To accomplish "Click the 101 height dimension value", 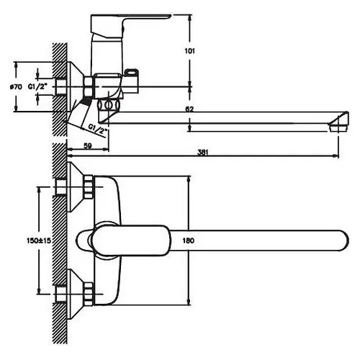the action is pyautogui.click(x=189, y=51).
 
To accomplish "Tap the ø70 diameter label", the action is pyautogui.click(x=16, y=87).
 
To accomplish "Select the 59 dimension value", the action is pyautogui.click(x=88, y=145).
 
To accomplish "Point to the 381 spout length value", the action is pyautogui.click(x=203, y=152).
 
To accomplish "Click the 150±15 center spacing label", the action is pyautogui.click(x=39, y=240).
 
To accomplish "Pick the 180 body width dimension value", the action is pyautogui.click(x=189, y=240).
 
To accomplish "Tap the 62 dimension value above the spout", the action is pyautogui.click(x=189, y=109).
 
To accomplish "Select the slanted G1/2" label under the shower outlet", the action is pyautogui.click(x=97, y=130).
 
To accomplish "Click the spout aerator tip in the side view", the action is pyautogui.click(x=338, y=122).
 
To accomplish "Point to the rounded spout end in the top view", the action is pyautogui.click(x=343, y=240).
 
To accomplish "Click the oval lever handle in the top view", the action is pyautogui.click(x=131, y=240).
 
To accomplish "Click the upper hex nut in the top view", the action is pyautogui.click(x=89, y=187).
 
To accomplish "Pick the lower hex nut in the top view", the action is pyautogui.click(x=89, y=294).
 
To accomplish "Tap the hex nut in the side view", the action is pyautogui.click(x=89, y=87).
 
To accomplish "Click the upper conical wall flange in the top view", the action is pyautogui.click(x=75, y=187).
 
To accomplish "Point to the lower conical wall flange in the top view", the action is pyautogui.click(x=75, y=294).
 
